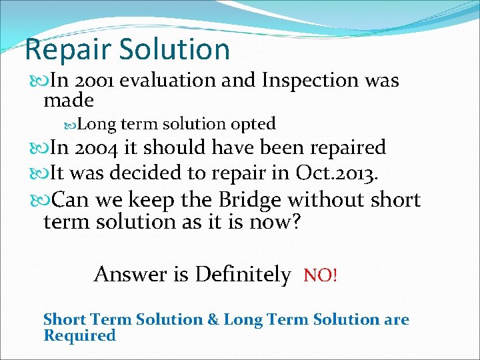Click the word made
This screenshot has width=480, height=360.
tap(68, 101)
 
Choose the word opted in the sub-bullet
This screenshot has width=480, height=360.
tap(253, 124)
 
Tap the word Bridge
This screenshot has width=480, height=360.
tap(233, 199)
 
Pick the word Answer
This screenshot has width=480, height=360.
tap(131, 274)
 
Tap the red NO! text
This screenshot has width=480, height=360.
tap(321, 275)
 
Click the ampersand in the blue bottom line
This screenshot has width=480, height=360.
tap(213, 319)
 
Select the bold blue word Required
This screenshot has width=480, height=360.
tap(79, 335)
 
